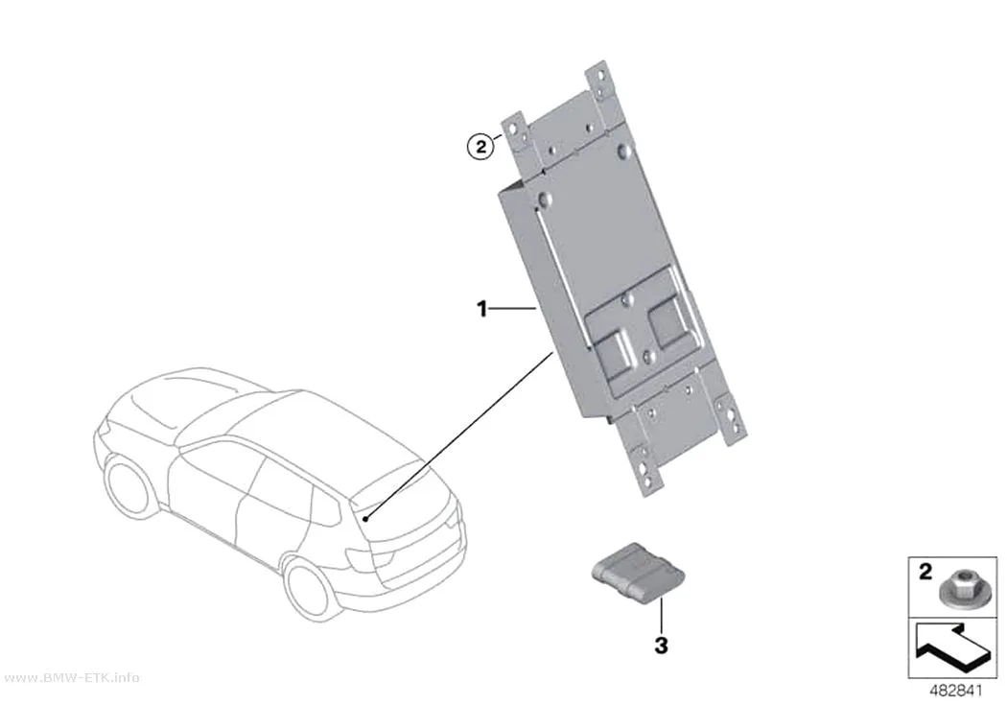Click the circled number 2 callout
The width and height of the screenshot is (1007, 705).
click(x=480, y=147)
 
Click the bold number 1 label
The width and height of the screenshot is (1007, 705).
click(x=481, y=310)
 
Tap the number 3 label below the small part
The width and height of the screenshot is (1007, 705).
click(x=661, y=645)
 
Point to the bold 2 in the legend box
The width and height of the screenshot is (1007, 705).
click(x=925, y=572)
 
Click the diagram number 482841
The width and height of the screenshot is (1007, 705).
click(x=956, y=691)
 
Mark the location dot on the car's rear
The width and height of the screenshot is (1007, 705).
click(x=365, y=518)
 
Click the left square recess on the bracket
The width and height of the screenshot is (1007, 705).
click(x=614, y=350)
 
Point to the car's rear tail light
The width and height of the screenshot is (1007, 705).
click(x=357, y=558)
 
